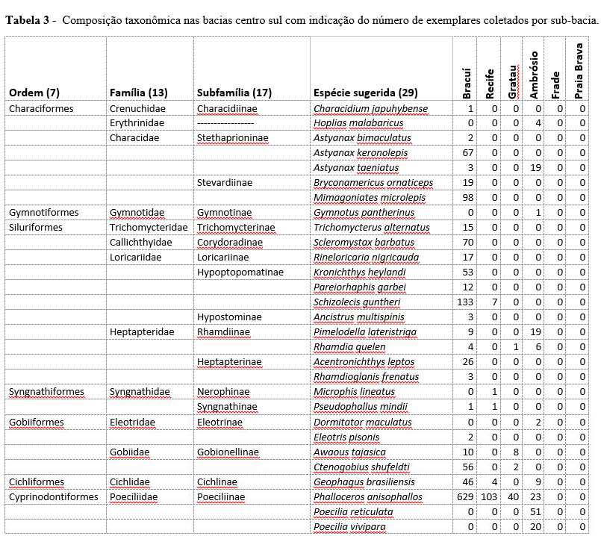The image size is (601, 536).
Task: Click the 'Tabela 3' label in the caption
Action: pos(28,19)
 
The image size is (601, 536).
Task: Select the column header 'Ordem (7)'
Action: pos(34,93)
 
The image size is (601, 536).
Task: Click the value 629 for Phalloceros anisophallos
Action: pos(465,497)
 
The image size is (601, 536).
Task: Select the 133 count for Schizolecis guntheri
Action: pos(465,302)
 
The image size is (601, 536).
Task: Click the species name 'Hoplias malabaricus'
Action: pos(358,123)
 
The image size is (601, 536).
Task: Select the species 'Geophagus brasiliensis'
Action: pos(364,482)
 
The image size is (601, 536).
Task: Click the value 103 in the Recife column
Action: pos(489,497)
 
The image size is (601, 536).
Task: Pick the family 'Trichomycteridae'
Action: pos(149,228)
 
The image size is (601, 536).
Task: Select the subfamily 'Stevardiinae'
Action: pos(225,183)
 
